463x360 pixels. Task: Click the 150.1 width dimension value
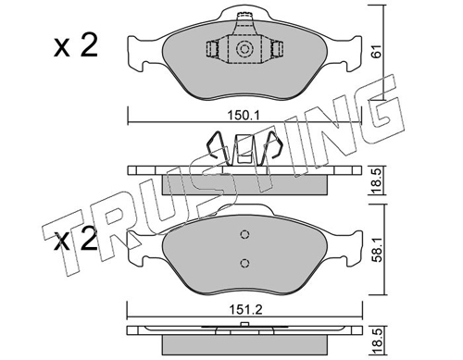coord(244,116)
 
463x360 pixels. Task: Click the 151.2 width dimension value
coord(244,309)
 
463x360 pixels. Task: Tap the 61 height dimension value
coord(376,51)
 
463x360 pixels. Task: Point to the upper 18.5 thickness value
coord(377,180)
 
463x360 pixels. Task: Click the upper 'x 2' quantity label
coord(76,45)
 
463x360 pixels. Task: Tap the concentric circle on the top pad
coord(244,49)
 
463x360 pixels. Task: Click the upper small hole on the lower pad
coord(244,234)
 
